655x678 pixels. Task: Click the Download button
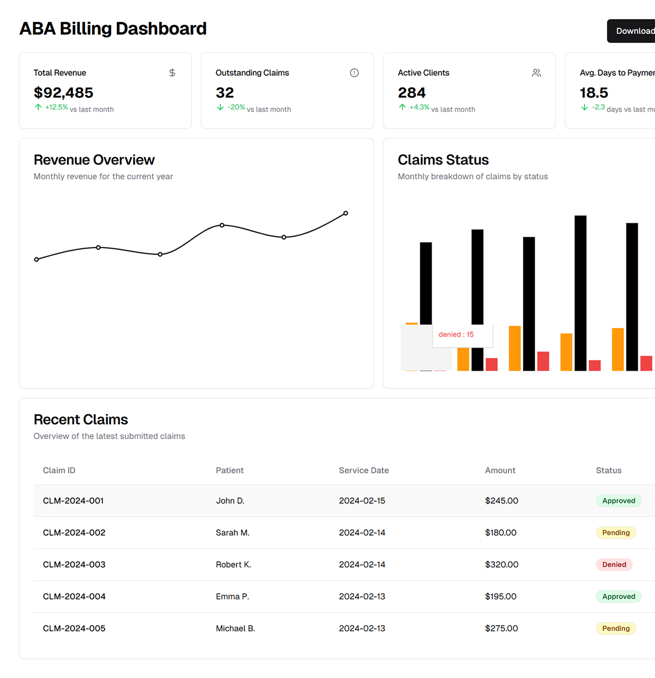[x=634, y=31]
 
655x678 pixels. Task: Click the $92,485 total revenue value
[x=63, y=93]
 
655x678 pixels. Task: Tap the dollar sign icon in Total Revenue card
[x=172, y=73]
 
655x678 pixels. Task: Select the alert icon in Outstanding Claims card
[x=354, y=73]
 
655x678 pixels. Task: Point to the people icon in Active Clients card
[x=536, y=73]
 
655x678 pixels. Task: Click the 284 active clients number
[x=411, y=93]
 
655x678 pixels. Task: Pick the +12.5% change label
[x=56, y=108]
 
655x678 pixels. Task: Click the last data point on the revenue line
[x=345, y=213]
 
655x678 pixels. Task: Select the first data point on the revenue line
[x=37, y=260]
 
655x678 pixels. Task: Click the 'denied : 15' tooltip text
[x=456, y=334]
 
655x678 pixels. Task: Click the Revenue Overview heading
[x=94, y=160]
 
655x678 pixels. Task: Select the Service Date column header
[x=363, y=470]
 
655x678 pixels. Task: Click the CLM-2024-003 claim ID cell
[x=74, y=565]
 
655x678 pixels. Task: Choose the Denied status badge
[x=614, y=565]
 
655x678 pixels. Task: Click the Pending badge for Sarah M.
[x=616, y=533]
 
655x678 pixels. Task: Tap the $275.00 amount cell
[x=501, y=628]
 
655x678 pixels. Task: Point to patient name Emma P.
[x=232, y=596]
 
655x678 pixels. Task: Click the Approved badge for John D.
[x=619, y=501]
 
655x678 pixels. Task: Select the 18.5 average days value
[x=594, y=93]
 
